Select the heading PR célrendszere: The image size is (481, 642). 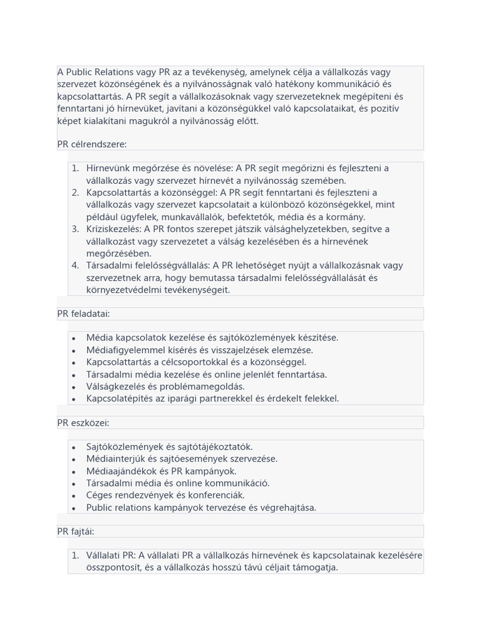(x=91, y=144)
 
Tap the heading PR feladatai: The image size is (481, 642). (x=83, y=313)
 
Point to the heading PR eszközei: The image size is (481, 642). (x=83, y=423)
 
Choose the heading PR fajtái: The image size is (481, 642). (x=76, y=532)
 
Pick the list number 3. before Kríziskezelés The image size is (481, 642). (x=75, y=229)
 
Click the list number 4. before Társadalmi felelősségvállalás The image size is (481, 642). (x=75, y=265)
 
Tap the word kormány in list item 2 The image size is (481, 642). (x=346, y=217)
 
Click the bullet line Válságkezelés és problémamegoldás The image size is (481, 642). (x=165, y=386)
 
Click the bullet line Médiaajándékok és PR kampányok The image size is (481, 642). (x=162, y=471)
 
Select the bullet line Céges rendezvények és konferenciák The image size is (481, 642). (x=165, y=495)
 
